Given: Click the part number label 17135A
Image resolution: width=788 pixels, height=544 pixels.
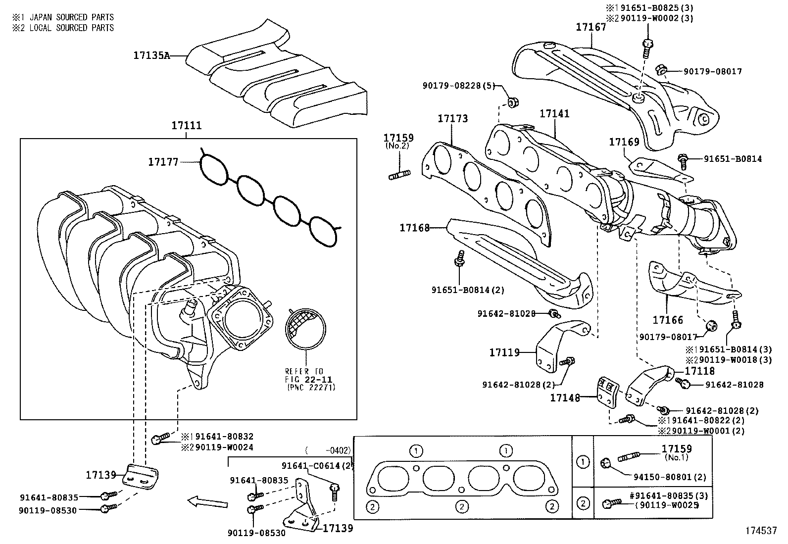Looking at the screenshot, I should pos(151,55).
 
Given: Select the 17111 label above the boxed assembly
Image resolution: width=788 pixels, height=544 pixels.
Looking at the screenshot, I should pos(187,126).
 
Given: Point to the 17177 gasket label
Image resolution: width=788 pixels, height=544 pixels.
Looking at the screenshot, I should pos(163,161).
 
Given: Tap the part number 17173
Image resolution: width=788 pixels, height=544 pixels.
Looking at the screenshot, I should pos(452,119).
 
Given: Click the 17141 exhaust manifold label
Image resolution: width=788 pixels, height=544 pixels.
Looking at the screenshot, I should pos(554,114).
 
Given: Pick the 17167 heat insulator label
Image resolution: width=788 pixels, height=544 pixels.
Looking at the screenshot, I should pos(591,27).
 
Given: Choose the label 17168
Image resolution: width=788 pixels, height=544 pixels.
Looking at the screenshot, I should pos(415,228).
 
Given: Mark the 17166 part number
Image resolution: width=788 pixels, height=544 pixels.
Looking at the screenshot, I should pos(668,320).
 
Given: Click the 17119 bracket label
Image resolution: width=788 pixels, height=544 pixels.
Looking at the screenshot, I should pos(504,352).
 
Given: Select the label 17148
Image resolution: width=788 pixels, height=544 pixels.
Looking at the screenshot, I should pos(565,397).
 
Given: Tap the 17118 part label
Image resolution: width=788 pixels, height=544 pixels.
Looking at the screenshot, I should pos(700,371).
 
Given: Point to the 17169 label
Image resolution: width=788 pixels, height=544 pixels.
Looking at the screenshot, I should pos(624,143).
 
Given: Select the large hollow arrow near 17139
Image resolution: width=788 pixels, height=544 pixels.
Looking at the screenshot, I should pos(207,503).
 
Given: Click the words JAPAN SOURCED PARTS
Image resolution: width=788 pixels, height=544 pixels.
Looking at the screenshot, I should pos(72,17).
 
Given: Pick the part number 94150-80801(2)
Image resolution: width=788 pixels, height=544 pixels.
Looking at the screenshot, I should pos(670,478).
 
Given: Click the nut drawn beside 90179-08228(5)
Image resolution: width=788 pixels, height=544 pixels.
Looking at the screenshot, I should pos(512,103).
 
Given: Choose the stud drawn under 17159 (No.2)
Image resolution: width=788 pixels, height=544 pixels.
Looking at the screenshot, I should pos(399,174).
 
